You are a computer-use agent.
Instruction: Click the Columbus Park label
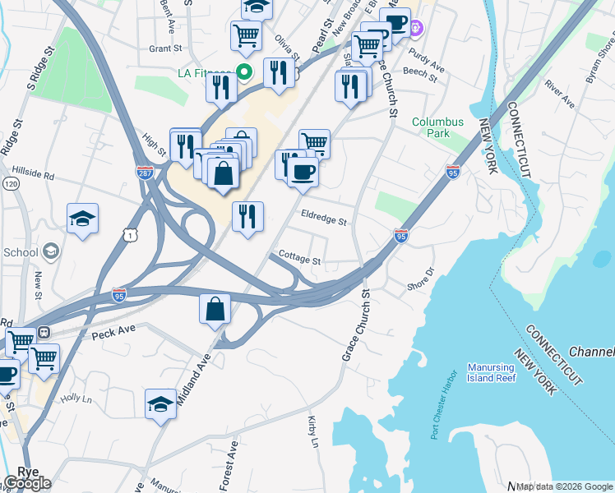coord(437,127)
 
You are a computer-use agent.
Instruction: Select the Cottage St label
coord(299,258)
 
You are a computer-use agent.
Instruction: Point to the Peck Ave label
coord(113,334)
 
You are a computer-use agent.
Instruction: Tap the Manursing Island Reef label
coord(491,372)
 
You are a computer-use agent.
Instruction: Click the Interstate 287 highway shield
coord(143,173)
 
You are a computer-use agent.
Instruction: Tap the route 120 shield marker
coord(10,184)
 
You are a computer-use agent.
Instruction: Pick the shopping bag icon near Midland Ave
coord(215,309)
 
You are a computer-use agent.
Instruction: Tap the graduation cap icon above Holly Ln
coord(160,403)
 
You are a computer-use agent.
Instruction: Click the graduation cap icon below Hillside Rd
coord(82,218)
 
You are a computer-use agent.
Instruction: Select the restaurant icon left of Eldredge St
coord(247,216)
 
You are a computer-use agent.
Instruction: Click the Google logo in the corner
coord(27,483)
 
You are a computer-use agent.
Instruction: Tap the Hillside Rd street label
coord(33,175)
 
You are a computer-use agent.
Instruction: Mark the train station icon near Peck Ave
coord(45,332)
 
